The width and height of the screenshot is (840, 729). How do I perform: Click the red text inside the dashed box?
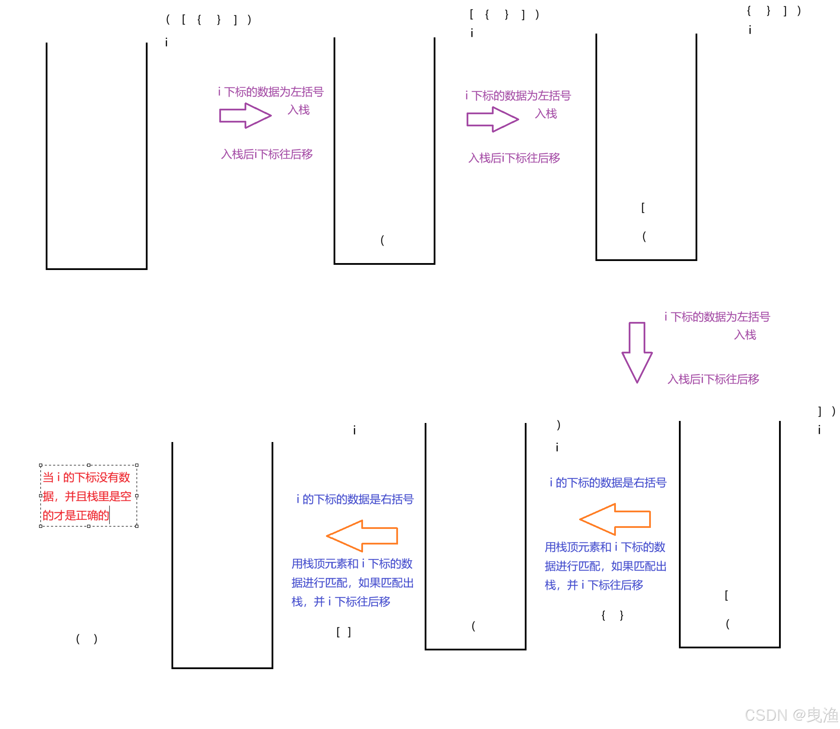pyautogui.click(x=87, y=495)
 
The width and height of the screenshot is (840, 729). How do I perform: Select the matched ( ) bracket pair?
pyautogui.click(x=87, y=639)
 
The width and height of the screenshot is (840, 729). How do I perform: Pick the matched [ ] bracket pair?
pyautogui.click(x=344, y=632)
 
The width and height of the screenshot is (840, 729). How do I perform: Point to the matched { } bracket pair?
pyautogui.click(x=612, y=615)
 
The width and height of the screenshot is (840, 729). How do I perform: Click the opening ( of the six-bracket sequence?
pyautogui.click(x=168, y=19)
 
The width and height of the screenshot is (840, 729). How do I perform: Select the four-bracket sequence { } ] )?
pyautogui.click(x=773, y=11)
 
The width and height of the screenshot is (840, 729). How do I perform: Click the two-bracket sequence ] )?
pyautogui.click(x=826, y=411)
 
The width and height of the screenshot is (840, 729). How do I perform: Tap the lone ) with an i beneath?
pyautogui.click(x=558, y=425)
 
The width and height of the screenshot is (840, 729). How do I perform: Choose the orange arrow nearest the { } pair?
pyautogui.click(x=614, y=519)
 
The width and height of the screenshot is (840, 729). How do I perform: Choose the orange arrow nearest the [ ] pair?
pyautogui.click(x=361, y=535)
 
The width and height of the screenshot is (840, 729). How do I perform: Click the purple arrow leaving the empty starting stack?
pyautogui.click(x=245, y=116)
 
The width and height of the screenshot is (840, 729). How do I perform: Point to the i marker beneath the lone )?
pyautogui.click(x=557, y=448)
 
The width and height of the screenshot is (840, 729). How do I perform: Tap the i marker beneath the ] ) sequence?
pyautogui.click(x=819, y=430)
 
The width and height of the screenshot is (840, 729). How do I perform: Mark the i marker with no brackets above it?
pyautogui.click(x=354, y=430)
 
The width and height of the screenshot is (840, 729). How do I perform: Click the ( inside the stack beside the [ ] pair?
pyautogui.click(x=473, y=625)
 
